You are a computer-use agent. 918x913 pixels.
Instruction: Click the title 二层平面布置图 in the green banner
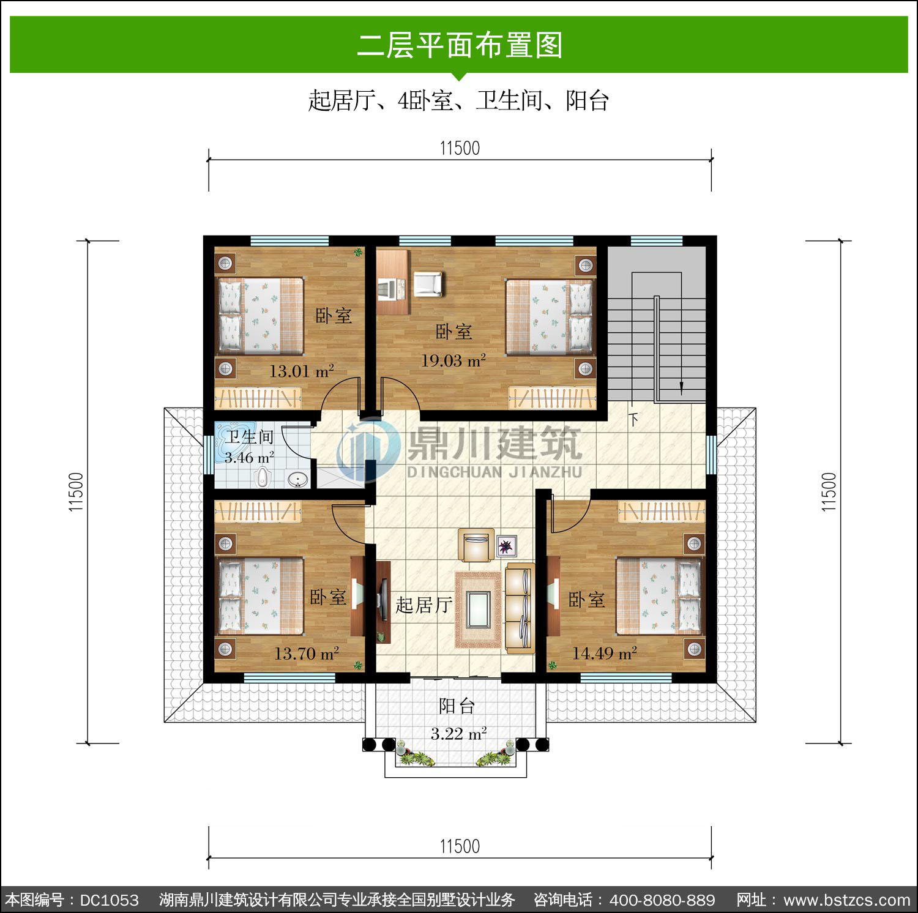tap(460, 45)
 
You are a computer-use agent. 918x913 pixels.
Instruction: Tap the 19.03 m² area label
tap(453, 360)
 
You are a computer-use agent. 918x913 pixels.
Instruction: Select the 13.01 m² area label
tap(302, 371)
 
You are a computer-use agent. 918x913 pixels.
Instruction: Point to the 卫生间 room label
tap(249, 437)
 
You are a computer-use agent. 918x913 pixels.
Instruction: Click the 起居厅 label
tap(424, 605)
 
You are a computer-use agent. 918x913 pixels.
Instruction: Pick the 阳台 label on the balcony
tap(457, 706)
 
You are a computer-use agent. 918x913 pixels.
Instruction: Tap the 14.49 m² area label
tap(605, 653)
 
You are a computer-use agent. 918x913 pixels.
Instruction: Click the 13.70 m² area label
tap(307, 654)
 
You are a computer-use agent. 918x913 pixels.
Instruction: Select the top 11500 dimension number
tap(460, 148)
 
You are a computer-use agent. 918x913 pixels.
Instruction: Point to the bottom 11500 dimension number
tap(460, 846)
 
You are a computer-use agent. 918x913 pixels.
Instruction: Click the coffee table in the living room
tap(477, 609)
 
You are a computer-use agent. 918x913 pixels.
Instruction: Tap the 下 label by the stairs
tap(633, 420)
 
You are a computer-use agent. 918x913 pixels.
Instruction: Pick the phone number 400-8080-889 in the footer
tap(662, 900)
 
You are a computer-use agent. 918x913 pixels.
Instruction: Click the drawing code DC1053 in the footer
tap(110, 900)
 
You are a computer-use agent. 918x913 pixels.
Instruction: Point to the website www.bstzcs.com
tap(847, 900)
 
